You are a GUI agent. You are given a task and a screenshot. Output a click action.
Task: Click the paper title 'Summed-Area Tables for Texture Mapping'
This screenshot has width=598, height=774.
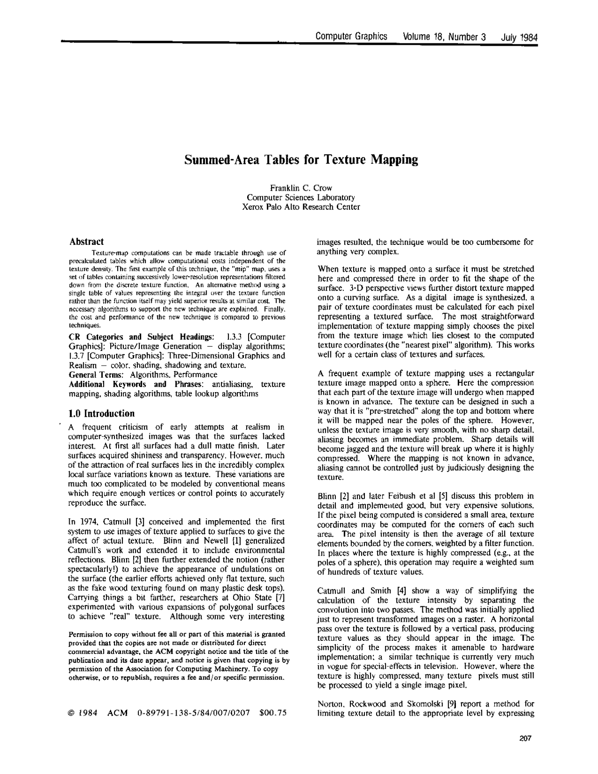301,160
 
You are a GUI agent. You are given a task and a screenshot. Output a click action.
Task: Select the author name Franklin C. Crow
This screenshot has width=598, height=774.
301,188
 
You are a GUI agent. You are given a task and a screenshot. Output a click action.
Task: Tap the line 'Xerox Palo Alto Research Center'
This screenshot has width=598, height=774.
301,207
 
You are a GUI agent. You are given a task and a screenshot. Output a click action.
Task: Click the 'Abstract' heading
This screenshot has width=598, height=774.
86,242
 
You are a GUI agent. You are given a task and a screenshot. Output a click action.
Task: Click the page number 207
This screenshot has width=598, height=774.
526,739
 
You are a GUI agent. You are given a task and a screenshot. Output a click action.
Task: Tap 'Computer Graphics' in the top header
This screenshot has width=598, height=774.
351,37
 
